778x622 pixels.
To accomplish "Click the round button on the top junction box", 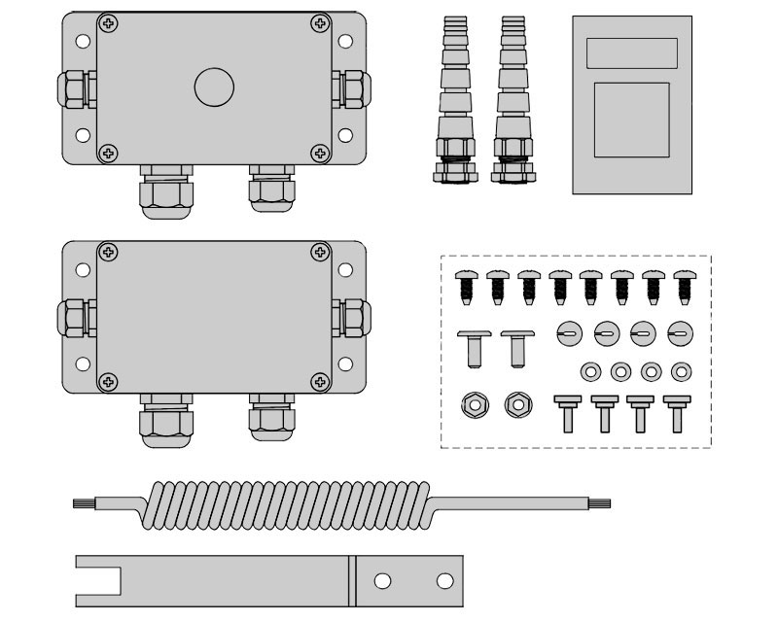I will point(214,87).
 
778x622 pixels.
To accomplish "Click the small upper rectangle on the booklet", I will point(631,52).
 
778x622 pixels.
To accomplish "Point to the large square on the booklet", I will point(631,119).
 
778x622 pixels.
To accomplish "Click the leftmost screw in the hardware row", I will point(464,287).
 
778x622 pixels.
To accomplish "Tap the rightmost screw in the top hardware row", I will point(683,287).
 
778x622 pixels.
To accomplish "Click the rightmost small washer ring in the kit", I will point(682,370).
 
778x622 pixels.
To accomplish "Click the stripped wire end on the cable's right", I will point(601,503).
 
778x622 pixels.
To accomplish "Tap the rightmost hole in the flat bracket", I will point(445,581).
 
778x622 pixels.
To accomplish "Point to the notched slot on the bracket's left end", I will point(100,581).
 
